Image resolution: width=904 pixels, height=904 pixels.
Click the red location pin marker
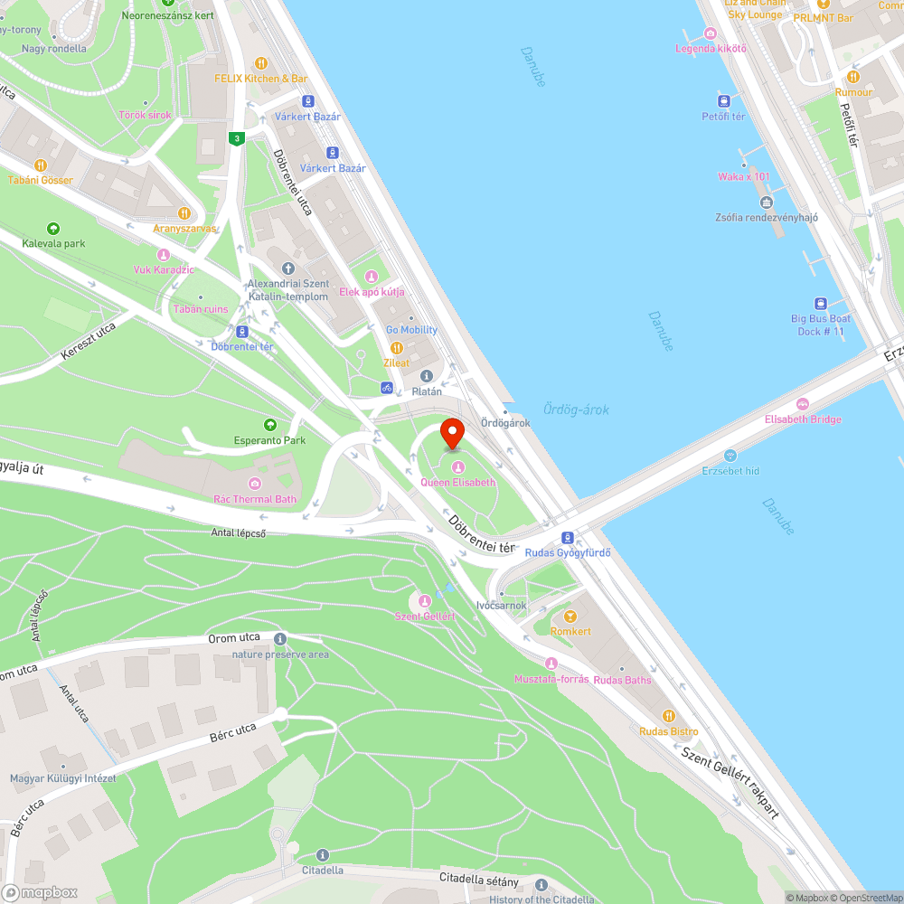pos(452,433)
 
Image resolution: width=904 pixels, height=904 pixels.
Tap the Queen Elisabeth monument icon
pos(457,466)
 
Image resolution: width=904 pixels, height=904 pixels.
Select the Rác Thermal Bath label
pos(254,499)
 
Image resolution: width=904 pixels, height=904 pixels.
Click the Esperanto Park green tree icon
pos(269,425)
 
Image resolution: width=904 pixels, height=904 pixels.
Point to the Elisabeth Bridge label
pos(803,419)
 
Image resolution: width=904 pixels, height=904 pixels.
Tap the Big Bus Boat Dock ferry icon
pos(821,304)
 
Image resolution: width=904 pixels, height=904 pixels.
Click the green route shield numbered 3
pos(236,138)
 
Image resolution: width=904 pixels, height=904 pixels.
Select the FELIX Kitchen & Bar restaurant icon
pos(261,63)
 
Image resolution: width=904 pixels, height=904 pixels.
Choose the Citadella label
pos(323,871)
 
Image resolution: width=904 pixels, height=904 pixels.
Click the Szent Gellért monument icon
pos(424,601)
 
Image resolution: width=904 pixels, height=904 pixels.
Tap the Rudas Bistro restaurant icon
pos(669,716)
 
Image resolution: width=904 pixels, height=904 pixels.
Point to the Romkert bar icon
pos(570,616)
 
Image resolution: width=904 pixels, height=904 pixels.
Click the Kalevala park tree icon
pos(53,229)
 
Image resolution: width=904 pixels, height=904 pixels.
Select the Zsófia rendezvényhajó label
pos(767,217)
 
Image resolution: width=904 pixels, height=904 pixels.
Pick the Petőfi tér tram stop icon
pos(723,100)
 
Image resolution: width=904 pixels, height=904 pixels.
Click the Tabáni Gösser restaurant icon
pos(41,165)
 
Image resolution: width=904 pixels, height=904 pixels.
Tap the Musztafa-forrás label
pos(551,679)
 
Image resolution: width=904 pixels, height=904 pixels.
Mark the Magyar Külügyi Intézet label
pos(62,778)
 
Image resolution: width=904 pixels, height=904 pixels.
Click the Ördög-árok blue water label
pos(576,410)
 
